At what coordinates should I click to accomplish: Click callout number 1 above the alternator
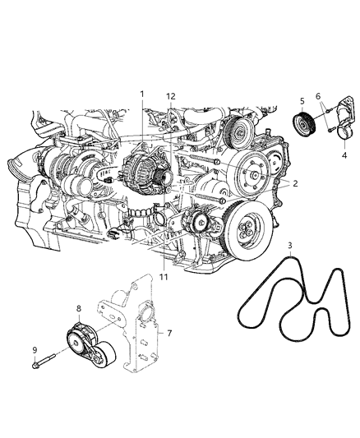pos(143,94)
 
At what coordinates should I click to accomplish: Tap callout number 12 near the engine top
pos(170,96)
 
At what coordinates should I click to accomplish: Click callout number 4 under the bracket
pos(344,153)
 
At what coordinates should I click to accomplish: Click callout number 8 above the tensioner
pos(78,310)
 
